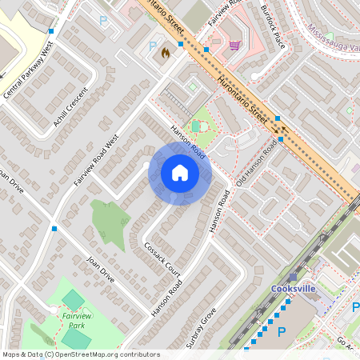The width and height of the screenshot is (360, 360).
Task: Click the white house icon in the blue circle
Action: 180,173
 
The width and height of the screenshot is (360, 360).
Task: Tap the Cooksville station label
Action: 294,289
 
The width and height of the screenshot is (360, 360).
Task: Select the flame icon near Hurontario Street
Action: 165,54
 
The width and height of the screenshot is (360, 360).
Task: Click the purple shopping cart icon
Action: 234,45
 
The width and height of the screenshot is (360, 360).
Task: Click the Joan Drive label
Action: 101,270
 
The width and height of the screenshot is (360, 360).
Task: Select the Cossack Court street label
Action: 162,259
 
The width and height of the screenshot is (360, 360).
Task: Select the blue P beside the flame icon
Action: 153,46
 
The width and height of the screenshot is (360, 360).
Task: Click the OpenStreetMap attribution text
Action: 80,354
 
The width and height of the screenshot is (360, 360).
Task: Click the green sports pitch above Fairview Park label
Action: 73,300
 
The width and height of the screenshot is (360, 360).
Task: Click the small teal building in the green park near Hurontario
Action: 196,126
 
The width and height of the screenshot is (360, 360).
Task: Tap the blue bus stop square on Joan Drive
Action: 54,229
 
